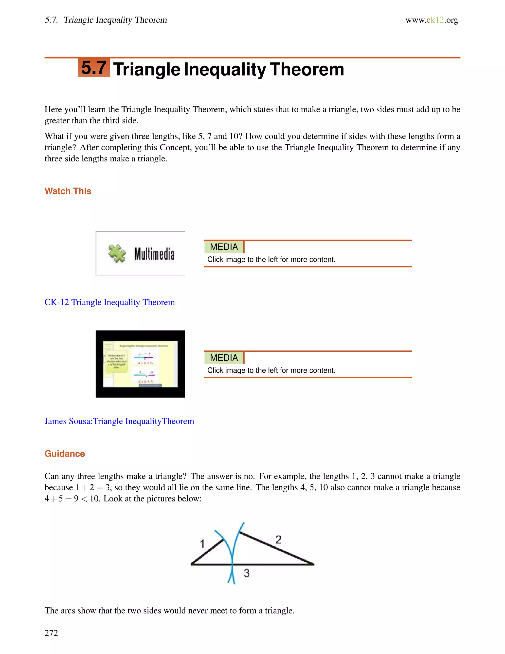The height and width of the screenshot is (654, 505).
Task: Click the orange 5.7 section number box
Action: tap(94, 68)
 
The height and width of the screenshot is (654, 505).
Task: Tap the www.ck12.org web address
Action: tap(432, 20)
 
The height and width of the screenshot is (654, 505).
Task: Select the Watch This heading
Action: tap(68, 191)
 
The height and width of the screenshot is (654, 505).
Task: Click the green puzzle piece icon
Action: tap(117, 253)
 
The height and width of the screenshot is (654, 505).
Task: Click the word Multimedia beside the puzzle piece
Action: tap(154, 254)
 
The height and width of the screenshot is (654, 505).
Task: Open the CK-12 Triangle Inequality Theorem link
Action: tap(109, 302)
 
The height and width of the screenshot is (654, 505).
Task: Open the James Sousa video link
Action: tap(119, 421)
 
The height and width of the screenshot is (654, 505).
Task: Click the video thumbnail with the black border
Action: tap(140, 364)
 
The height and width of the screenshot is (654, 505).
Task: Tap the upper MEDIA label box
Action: tap(224, 247)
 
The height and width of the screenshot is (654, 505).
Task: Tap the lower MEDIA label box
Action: tap(224, 358)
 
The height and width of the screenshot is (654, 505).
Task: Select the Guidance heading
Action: tap(65, 454)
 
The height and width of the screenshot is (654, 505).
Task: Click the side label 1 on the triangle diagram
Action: tap(202, 543)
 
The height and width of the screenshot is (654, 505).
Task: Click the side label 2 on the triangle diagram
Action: tap(278, 539)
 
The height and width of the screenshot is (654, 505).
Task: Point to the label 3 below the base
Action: tap(246, 573)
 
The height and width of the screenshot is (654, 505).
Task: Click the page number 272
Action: tap(51, 633)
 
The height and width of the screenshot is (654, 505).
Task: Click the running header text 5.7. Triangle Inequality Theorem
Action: tap(106, 20)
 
